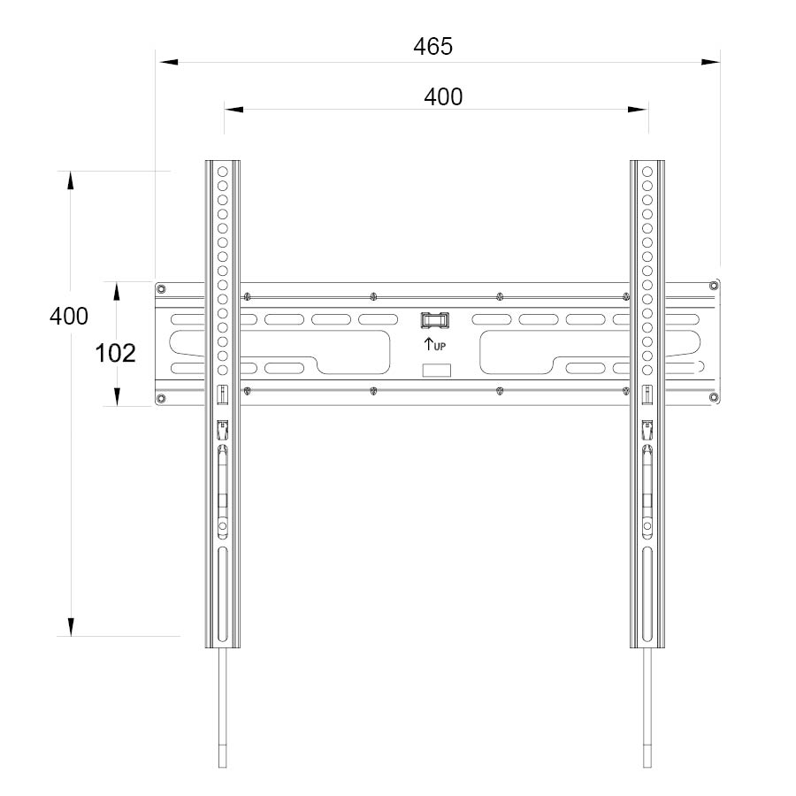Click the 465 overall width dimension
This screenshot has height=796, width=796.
[x=432, y=47]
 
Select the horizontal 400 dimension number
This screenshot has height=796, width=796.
[x=443, y=96]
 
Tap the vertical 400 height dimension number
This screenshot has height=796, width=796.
[x=69, y=316]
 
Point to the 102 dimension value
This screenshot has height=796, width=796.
[x=115, y=354]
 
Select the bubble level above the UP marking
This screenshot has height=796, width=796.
[x=435, y=319]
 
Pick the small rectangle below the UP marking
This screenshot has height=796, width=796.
[x=435, y=371]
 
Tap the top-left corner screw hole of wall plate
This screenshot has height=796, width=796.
[x=161, y=288]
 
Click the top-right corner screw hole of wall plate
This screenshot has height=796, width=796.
[x=714, y=287]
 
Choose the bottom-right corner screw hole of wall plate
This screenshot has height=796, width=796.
[x=714, y=400]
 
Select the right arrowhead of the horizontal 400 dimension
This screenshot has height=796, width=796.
[x=639, y=110]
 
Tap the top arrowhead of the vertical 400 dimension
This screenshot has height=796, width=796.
[x=70, y=180]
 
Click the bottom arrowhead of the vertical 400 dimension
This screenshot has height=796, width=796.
[x=70, y=626]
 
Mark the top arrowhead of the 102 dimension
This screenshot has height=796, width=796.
[x=117, y=291]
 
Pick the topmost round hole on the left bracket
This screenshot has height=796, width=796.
[x=223, y=171]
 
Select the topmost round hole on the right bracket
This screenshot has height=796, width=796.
[x=647, y=171]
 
